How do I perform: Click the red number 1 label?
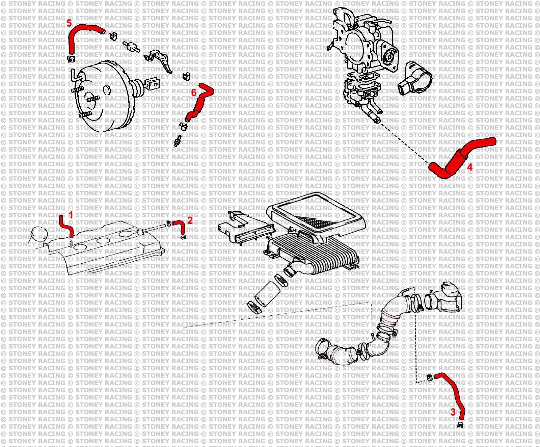pos(71,215)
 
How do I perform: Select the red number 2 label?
pos(190,220)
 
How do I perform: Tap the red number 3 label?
pos(453,412)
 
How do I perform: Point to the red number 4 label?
pos(469,167)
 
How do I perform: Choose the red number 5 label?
pos(69,23)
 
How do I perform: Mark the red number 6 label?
pos(194,93)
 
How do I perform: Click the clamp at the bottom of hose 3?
pos(460,425)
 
